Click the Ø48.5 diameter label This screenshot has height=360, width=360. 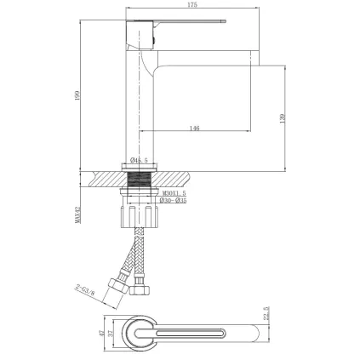point(141,159)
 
